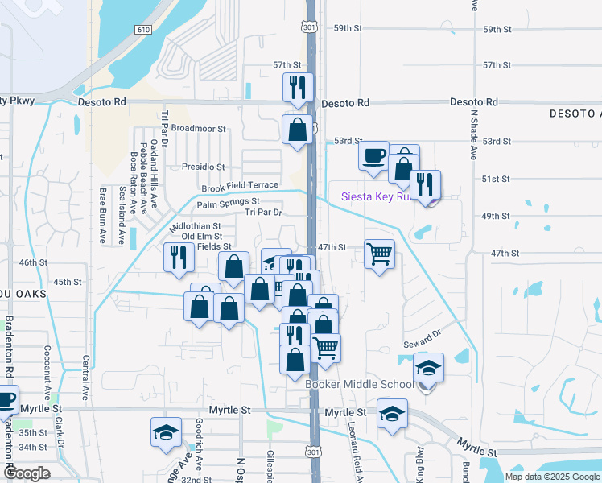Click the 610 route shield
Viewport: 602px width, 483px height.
(x=143, y=30)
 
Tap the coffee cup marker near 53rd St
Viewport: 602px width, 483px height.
(x=374, y=156)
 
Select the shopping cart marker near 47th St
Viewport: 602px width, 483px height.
(x=380, y=255)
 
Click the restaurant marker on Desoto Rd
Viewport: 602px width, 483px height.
(x=299, y=87)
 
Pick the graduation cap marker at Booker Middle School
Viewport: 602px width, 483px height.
(x=429, y=369)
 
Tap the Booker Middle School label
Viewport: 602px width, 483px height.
(x=360, y=384)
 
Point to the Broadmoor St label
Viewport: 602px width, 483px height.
(x=199, y=128)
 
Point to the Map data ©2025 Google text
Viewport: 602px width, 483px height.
(x=551, y=477)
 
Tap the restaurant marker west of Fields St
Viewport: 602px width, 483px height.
(x=178, y=257)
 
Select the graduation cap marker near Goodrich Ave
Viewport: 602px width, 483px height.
(x=166, y=432)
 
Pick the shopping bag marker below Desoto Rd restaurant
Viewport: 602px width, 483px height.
(x=298, y=129)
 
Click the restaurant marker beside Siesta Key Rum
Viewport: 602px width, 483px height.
(x=425, y=185)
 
